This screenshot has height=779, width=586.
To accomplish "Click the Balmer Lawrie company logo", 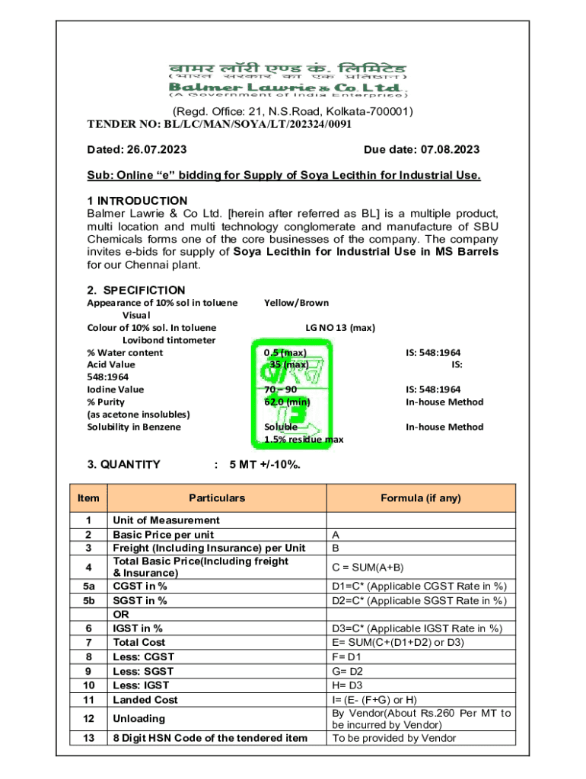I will [288, 79].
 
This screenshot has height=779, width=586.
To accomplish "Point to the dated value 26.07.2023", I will [157, 150].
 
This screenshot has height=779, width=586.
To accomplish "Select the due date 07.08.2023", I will [444, 150].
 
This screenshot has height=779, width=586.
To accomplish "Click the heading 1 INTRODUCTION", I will [137, 201].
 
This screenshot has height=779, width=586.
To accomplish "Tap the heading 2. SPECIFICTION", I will [136, 290].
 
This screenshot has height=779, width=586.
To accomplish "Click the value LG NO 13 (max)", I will [340, 328].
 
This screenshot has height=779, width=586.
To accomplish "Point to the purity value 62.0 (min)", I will [287, 402].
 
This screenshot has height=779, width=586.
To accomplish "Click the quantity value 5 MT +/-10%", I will [264, 464].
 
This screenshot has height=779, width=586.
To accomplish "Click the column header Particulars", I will [217, 498].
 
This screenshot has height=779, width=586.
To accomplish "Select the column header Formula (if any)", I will [421, 498].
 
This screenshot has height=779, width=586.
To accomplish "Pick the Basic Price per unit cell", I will [163, 534].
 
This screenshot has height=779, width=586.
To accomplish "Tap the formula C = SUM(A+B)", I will [368, 567].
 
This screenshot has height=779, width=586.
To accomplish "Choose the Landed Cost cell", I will [145, 700].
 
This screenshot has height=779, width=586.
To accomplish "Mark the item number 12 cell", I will [88, 719].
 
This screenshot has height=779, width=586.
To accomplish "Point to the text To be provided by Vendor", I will [394, 738].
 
